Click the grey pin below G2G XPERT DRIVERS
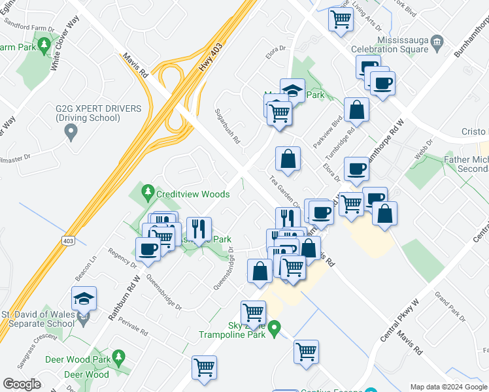tap(71, 133)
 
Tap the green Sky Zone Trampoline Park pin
tap(275, 326)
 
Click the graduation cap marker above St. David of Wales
tap(84, 299)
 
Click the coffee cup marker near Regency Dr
tap(148, 250)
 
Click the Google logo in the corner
tap(22, 384)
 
